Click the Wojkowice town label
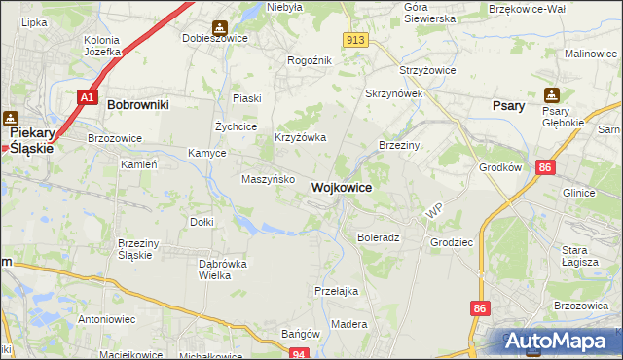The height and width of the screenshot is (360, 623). click(341, 186)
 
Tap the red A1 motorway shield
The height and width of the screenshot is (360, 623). click(88, 97)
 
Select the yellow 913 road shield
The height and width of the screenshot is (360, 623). click(355, 39)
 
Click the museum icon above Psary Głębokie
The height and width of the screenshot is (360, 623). click(553, 95)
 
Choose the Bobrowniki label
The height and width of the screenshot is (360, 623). click(138, 103)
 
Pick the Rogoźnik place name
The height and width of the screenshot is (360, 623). click(310, 60)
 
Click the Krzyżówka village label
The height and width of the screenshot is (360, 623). click(300, 138)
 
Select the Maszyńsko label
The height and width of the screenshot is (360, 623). click(262, 179)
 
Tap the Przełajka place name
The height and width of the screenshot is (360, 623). click(337, 291)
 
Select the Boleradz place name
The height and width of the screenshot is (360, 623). click(379, 237)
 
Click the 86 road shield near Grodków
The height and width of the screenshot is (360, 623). click(544, 168)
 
